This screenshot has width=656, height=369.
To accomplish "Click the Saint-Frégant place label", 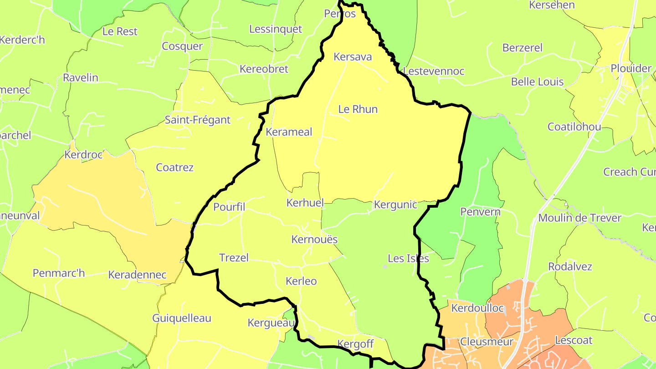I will click(x=198, y=120).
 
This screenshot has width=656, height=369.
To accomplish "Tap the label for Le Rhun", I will click(x=358, y=109).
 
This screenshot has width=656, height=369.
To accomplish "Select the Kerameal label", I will click(x=289, y=132).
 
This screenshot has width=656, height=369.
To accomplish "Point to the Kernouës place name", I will click(x=315, y=239).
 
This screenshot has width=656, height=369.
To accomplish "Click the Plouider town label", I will click(x=631, y=68).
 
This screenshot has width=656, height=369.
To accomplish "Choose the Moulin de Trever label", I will click(x=579, y=218).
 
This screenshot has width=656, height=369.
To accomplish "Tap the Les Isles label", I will click(x=408, y=258).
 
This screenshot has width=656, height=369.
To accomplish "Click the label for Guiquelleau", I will click(x=182, y=318).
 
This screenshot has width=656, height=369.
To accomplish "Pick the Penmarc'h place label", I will click(x=59, y=273).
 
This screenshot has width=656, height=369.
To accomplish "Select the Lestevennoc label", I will click(x=434, y=71).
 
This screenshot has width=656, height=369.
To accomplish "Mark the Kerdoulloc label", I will click(x=477, y=308).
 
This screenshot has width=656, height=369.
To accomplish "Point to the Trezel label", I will click(x=234, y=257).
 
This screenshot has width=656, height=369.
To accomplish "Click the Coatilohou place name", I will click(x=574, y=127).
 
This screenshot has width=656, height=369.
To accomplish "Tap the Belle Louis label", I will click(x=537, y=82).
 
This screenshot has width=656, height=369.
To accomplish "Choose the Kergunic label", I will click(x=395, y=205).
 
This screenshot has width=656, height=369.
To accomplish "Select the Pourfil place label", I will click(x=229, y=207).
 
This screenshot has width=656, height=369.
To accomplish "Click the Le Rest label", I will click(x=120, y=31).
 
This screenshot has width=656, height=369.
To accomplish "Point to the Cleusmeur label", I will click(x=487, y=342).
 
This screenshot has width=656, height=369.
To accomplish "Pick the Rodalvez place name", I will click(x=569, y=266).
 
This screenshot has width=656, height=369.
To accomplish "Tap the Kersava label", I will click(x=353, y=57).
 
